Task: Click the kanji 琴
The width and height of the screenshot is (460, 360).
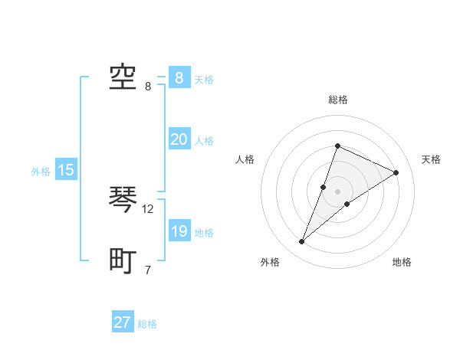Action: pyautogui.click(x=123, y=201)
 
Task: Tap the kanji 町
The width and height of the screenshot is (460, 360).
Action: pyautogui.click(x=123, y=262)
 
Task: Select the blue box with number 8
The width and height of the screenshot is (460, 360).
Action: pyautogui.click(x=179, y=77)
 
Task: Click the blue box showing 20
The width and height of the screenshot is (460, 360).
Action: pyautogui.click(x=179, y=139)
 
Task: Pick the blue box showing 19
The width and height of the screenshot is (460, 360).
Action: pyautogui.click(x=179, y=231)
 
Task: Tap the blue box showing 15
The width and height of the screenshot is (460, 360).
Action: pyautogui.click(x=66, y=170)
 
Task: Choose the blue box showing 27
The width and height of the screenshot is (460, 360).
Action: pyautogui.click(x=123, y=322)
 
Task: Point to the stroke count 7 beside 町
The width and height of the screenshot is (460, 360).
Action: pyautogui.click(x=148, y=270)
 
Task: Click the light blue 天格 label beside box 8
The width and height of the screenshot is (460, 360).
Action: pyautogui.click(x=204, y=80)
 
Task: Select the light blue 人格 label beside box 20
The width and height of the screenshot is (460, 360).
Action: pyautogui.click(x=204, y=141)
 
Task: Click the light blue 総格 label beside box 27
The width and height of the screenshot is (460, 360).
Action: pyautogui.click(x=147, y=324)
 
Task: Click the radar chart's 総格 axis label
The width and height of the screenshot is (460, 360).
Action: pyautogui.click(x=337, y=100)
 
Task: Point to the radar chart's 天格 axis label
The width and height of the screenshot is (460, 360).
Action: pyautogui.click(x=431, y=159)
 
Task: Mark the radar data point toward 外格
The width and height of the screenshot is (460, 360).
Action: pyautogui.click(x=302, y=242)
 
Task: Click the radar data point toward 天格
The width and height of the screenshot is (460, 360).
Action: pyautogui.click(x=396, y=172)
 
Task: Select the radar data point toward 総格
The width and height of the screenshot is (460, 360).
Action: pyautogui.click(x=337, y=146)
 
